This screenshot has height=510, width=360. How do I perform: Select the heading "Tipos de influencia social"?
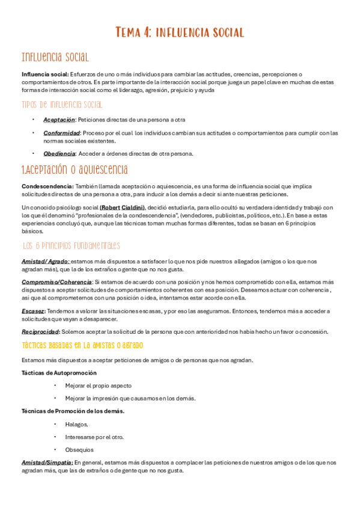click(x=62, y=105)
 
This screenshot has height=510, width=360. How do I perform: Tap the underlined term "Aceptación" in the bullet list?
click(x=59, y=120)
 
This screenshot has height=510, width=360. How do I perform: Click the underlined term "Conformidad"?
click(x=61, y=133)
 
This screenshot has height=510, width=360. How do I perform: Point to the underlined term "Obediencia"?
click(x=59, y=153)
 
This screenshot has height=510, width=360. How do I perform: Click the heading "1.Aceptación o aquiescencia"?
click(x=74, y=170)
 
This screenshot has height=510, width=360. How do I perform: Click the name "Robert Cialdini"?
click(x=122, y=207)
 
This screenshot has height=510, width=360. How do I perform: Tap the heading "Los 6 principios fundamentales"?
click(x=71, y=245)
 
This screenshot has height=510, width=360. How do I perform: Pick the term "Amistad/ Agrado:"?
click(x=46, y=261)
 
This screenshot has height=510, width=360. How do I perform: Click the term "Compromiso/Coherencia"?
click(x=56, y=281)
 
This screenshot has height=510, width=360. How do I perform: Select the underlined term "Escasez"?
click(x=33, y=311)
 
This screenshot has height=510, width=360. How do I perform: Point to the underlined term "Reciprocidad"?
click(x=40, y=331)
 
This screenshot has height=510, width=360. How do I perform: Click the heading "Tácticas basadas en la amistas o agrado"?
click(x=82, y=345)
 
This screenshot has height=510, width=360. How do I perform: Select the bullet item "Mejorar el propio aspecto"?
click(x=99, y=386)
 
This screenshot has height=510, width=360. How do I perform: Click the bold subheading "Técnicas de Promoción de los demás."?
click(x=73, y=411)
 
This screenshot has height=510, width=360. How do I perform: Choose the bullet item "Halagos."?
click(x=76, y=424)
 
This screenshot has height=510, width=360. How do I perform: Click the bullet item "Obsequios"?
click(x=79, y=449)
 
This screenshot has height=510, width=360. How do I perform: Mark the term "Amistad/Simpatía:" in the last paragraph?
click(x=46, y=462)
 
